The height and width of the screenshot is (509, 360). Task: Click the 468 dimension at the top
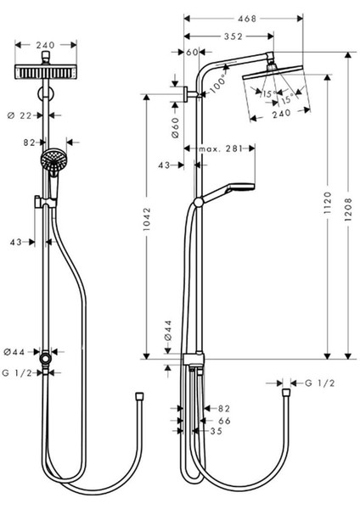[247, 19]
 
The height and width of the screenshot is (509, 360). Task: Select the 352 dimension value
[233, 36]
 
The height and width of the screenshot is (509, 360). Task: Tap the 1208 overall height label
[348, 210]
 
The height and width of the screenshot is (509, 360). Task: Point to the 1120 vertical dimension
[328, 203]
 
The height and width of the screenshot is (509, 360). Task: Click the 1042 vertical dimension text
[147, 219]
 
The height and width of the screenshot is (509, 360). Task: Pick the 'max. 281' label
[221, 149]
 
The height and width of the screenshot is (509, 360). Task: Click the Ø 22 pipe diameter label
[20, 115]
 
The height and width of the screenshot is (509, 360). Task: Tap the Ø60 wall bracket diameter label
[174, 128]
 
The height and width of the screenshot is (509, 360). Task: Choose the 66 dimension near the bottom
[224, 421]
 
